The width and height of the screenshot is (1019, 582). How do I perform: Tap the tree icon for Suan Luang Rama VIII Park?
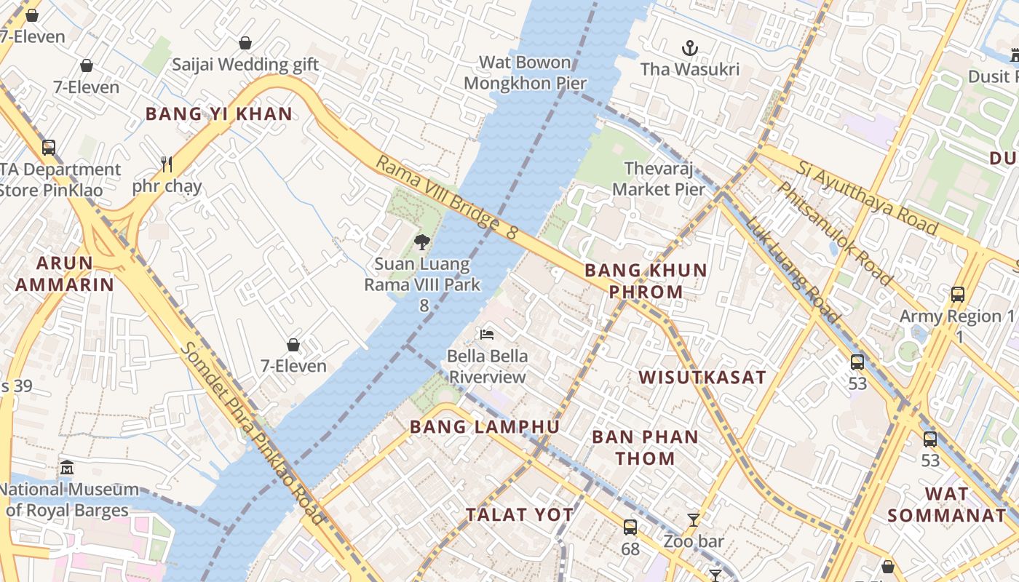coord(421,242)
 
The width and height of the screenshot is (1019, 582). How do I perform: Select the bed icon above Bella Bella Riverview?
coord(487,334)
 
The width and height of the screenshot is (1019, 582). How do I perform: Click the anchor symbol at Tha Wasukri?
coord(689,49)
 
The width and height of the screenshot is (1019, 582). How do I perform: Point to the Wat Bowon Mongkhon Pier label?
coord(525,73)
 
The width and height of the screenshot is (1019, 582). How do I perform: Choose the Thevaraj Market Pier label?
coord(659,179)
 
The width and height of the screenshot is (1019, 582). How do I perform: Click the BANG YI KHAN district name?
coord(219,113)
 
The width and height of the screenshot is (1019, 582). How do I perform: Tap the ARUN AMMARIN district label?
coord(65,274)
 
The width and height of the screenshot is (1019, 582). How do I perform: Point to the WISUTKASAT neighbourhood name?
coord(702,377)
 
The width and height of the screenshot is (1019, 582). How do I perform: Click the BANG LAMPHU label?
coord(485,427)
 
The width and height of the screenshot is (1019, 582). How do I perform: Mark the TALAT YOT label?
coord(520,514)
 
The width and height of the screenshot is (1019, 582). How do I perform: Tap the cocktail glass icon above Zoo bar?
coord(694,519)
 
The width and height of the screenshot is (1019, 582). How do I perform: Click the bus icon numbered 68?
coord(630,527)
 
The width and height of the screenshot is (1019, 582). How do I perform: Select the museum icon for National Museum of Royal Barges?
coord(68,467)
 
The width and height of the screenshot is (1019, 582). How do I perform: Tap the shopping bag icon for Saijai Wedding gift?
coord(245,43)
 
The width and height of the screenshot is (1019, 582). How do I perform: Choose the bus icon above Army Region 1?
coord(958,295)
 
